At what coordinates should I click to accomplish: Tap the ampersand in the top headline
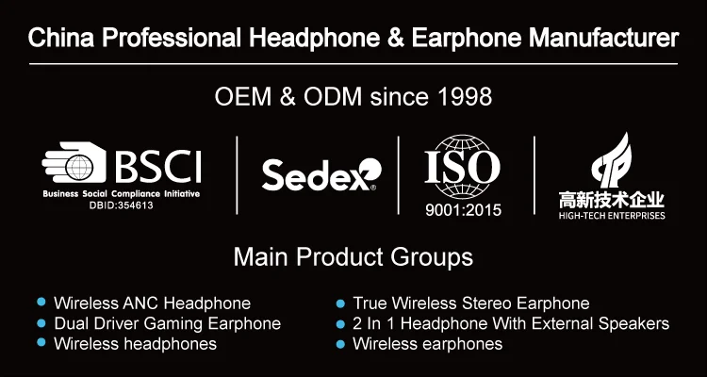click(395, 39)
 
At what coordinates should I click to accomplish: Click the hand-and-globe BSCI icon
click(74, 162)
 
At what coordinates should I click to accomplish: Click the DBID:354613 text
click(122, 205)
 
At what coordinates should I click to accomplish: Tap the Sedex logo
click(321, 174)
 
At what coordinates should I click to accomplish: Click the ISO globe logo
click(462, 167)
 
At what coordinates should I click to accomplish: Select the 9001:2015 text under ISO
click(463, 210)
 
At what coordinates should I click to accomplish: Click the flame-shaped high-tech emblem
click(612, 160)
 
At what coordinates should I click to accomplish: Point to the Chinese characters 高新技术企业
click(612, 200)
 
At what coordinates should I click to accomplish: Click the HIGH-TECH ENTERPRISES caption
click(612, 216)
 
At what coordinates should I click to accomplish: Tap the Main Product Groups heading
click(353, 257)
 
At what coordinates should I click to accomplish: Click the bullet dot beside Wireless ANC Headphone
click(41, 302)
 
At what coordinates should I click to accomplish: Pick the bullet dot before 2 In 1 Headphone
click(340, 324)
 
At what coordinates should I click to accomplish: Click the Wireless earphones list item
click(427, 344)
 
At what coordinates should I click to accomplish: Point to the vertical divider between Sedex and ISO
click(398, 175)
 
